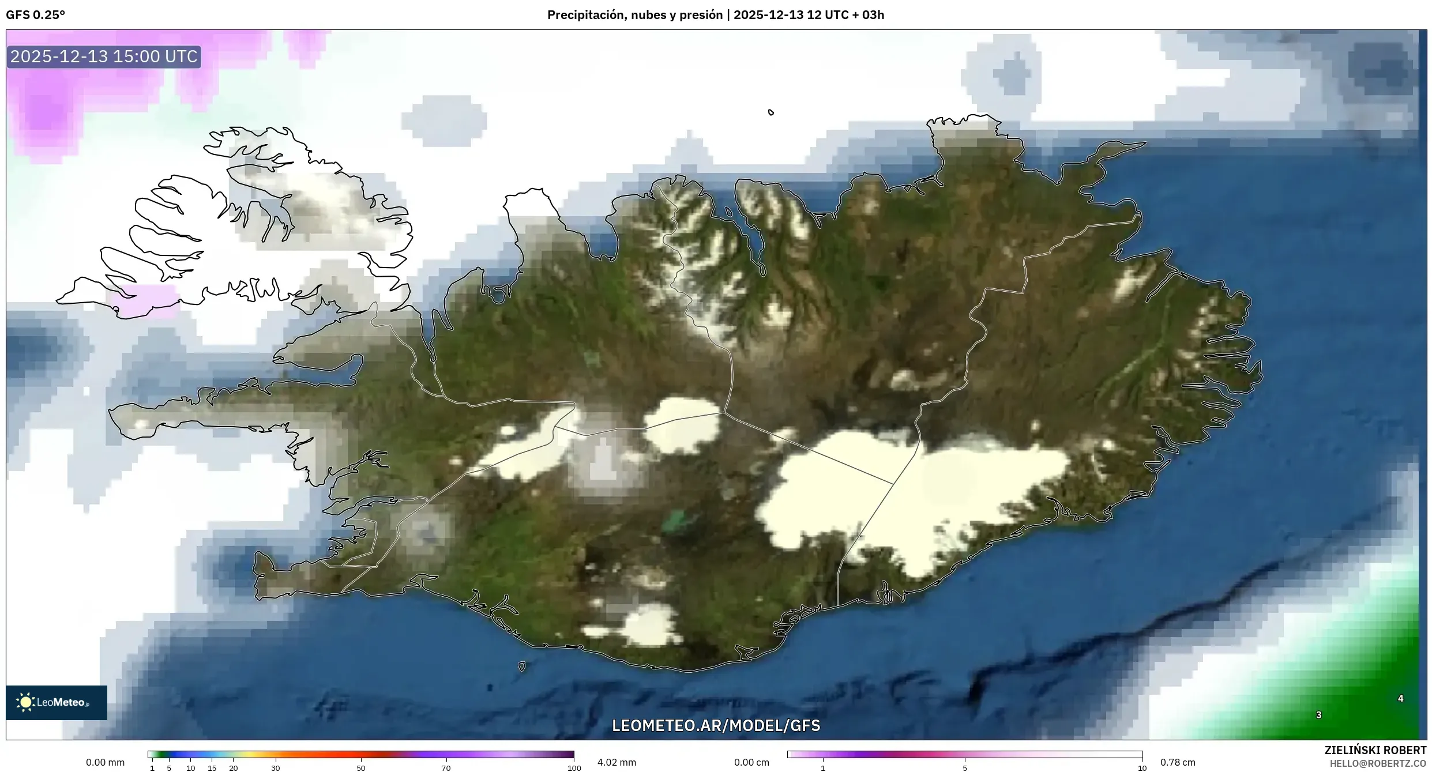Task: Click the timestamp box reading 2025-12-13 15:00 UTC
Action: pyautogui.click(x=104, y=57)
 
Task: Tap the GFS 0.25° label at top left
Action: pyautogui.click(x=35, y=15)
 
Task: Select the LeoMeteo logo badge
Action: pyautogui.click(x=56, y=702)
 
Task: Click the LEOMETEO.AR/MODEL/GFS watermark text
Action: pyautogui.click(x=716, y=725)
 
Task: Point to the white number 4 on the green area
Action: pyautogui.click(x=1400, y=699)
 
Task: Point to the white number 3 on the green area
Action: pyautogui.click(x=1318, y=715)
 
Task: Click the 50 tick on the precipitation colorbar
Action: pyautogui.click(x=361, y=767)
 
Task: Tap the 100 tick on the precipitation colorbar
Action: pyautogui.click(x=574, y=767)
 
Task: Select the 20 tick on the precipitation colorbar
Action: pyautogui.click(x=233, y=767)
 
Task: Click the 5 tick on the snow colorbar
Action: pyautogui.click(x=965, y=767)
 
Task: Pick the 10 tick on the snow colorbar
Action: pyautogui.click(x=1142, y=767)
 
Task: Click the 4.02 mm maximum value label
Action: pyautogui.click(x=617, y=762)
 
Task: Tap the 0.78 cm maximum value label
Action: pyautogui.click(x=1178, y=762)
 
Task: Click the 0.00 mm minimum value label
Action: pyautogui.click(x=105, y=762)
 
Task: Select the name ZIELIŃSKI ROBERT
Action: pyautogui.click(x=1375, y=750)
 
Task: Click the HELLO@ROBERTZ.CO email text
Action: pyautogui.click(x=1378, y=763)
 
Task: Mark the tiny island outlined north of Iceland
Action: pyautogui.click(x=771, y=112)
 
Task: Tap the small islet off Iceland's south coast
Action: pyautogui.click(x=522, y=666)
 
